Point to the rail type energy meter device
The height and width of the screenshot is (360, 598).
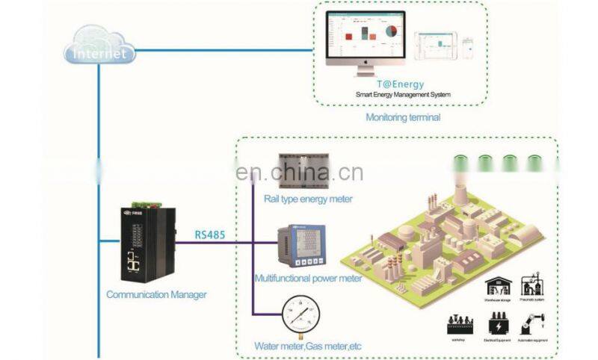304,170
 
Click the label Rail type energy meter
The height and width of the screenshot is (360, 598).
308,199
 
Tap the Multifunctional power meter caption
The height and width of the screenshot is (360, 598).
308,279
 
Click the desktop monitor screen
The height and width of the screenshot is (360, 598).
366,42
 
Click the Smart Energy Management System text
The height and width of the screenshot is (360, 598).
403,96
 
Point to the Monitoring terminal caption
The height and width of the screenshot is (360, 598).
403,117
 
